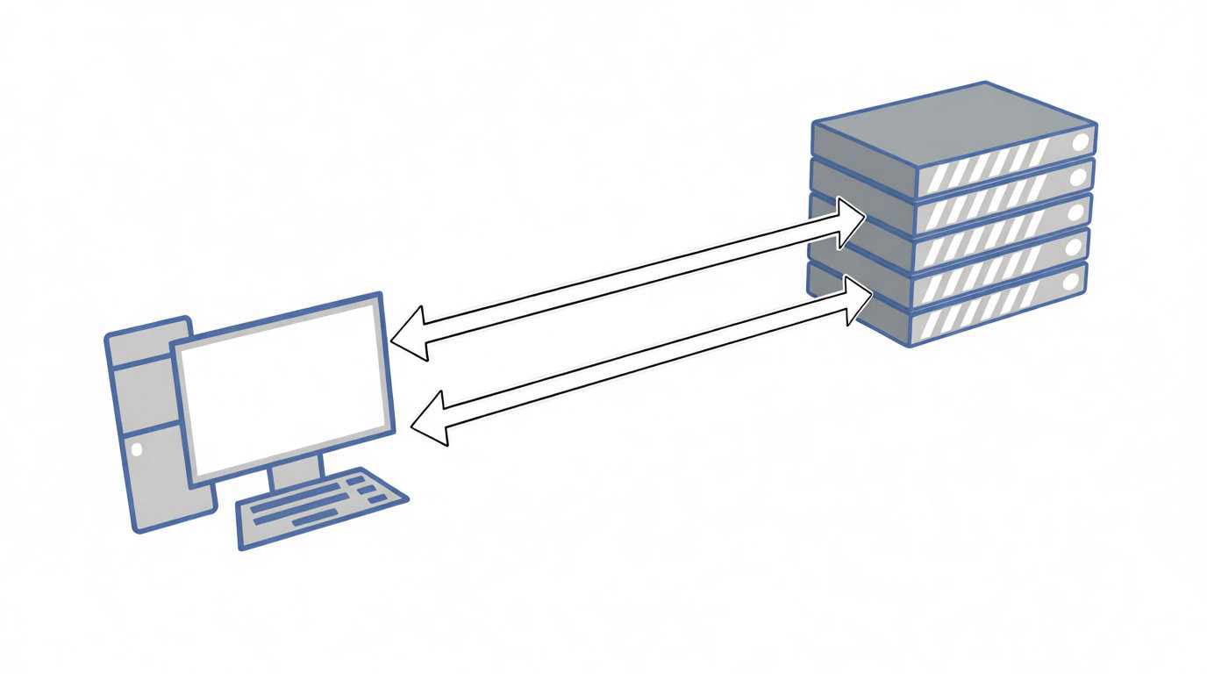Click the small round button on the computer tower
[x=136, y=449]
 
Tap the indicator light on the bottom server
[x=1071, y=282]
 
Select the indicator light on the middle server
[x=1075, y=212]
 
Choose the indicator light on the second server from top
[x=1078, y=177]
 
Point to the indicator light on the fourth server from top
[x=1074, y=247]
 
